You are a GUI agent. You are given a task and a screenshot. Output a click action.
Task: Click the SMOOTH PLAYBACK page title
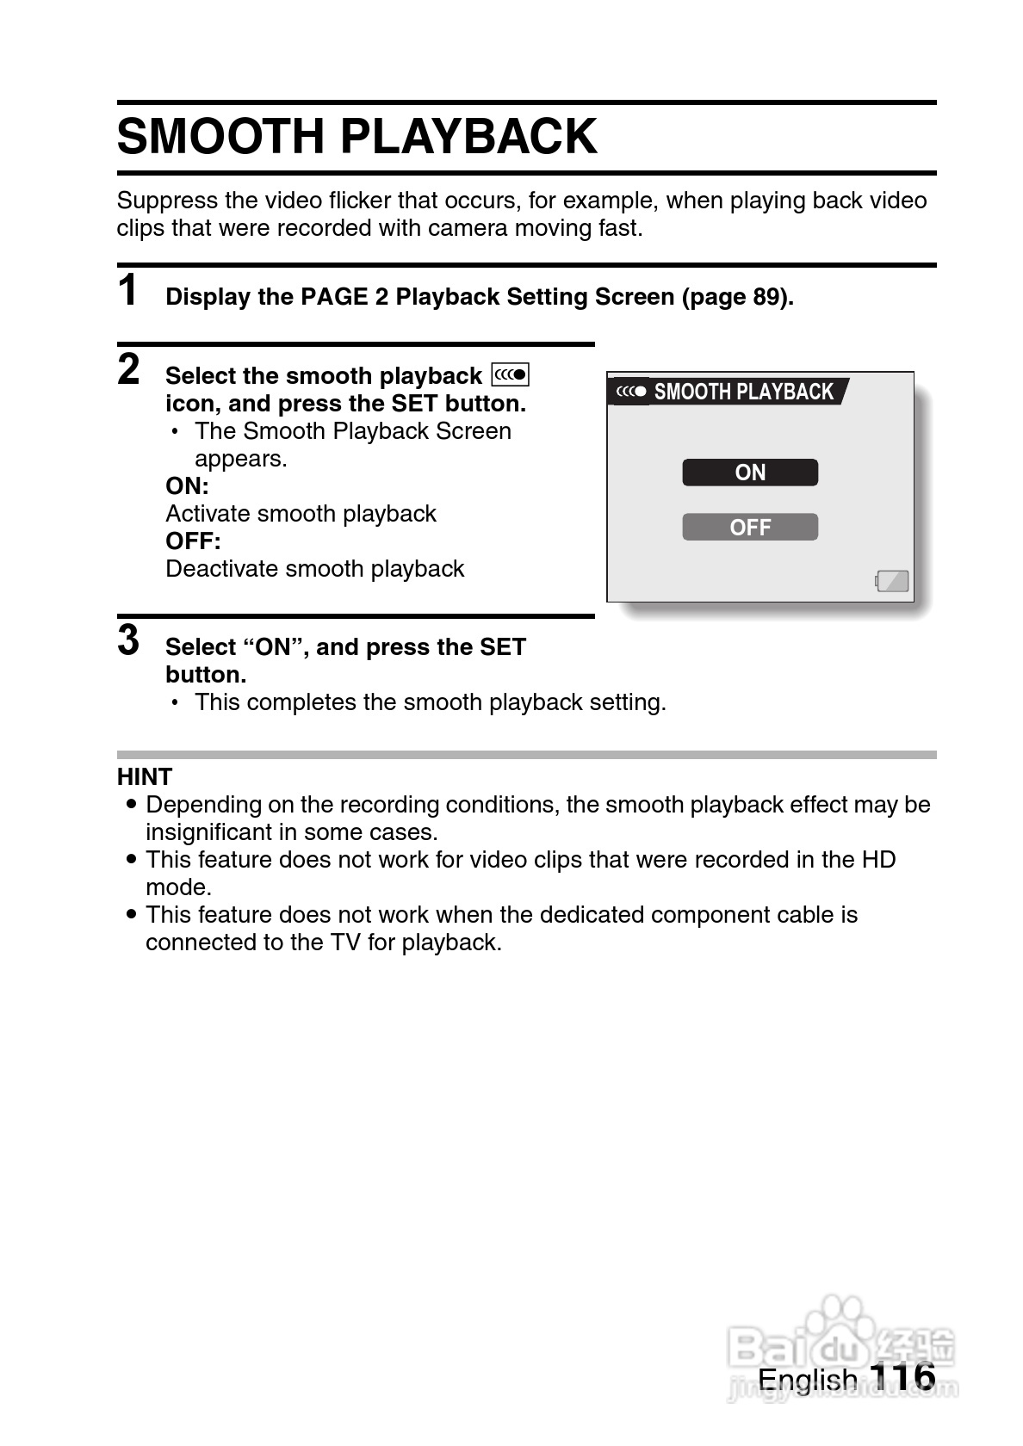(x=356, y=137)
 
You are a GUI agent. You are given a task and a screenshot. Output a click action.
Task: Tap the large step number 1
(x=128, y=290)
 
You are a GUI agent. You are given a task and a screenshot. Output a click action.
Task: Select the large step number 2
(x=128, y=369)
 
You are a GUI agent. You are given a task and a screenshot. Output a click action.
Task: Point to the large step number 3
(x=128, y=640)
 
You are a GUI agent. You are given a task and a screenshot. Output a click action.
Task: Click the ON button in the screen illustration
(x=749, y=473)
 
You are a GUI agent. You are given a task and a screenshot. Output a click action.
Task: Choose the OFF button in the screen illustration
(x=749, y=527)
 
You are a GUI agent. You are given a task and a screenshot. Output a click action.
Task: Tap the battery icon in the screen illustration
(x=892, y=581)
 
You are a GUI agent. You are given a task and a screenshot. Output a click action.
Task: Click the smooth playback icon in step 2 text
(x=510, y=375)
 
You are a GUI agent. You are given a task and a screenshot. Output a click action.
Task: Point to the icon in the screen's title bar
(x=631, y=392)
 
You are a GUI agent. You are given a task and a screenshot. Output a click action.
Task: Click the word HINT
(x=145, y=777)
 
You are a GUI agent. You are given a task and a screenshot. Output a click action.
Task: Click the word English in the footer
(x=807, y=1380)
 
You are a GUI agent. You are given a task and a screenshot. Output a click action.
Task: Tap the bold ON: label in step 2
(x=187, y=486)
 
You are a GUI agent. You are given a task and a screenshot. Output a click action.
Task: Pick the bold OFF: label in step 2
(x=193, y=541)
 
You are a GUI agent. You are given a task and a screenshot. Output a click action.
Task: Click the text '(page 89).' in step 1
(x=738, y=297)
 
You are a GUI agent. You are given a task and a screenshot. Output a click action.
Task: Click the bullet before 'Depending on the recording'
(x=131, y=805)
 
